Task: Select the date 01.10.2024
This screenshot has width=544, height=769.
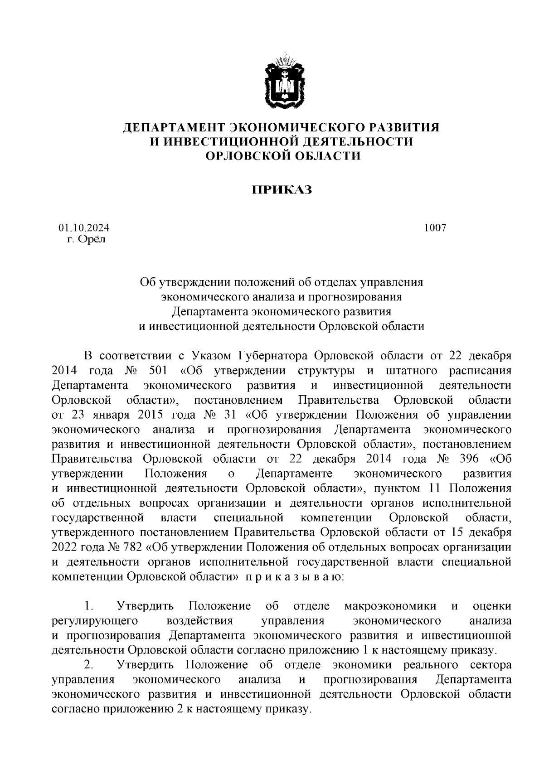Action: pos(83,228)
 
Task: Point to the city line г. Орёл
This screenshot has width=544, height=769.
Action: pos(86,239)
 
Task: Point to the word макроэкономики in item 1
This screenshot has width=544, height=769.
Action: pos(390,606)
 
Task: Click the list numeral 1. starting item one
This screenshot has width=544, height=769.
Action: pos(89,606)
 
